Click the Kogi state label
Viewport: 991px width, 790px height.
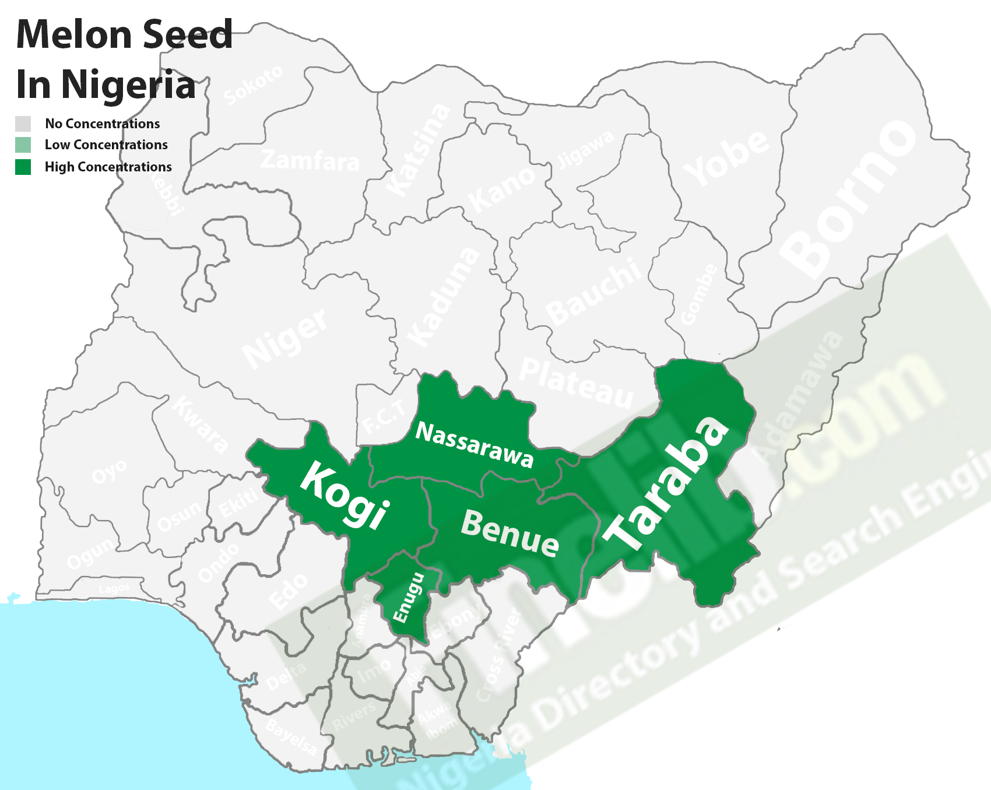344,495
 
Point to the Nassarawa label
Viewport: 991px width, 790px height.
474,445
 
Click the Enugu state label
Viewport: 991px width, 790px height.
409,597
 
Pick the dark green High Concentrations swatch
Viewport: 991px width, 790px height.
23,167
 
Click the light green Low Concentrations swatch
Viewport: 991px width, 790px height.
23,145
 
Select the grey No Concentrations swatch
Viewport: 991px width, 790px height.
23,124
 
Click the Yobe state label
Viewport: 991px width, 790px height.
726,158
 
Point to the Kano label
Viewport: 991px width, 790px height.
501,190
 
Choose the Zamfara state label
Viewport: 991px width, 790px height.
310,160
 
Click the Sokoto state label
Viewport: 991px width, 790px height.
253,86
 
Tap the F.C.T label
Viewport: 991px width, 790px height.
383,417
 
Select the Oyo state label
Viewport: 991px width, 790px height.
109,471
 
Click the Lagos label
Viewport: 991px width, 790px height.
114,589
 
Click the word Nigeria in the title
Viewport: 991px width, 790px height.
128,85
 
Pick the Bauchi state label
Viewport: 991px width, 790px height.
593,292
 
